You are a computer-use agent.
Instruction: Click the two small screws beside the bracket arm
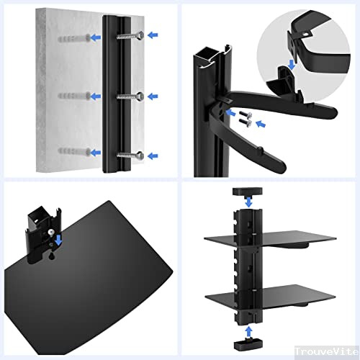tap(246, 119)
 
